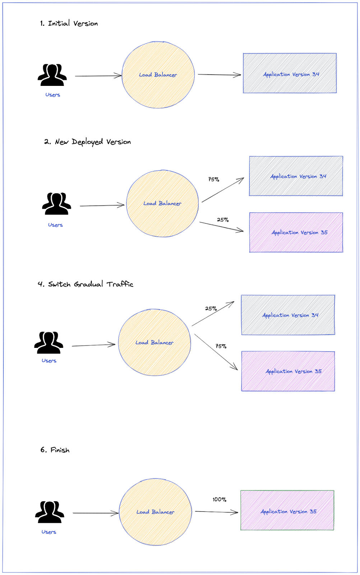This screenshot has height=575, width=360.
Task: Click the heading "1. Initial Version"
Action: (x=69, y=23)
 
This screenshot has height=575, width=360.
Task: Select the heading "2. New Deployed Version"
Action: (x=87, y=142)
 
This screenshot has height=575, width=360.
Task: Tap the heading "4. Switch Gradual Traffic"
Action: (x=85, y=284)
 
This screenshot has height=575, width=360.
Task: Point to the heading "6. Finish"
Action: (x=55, y=450)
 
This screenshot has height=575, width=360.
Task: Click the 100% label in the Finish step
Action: (x=219, y=500)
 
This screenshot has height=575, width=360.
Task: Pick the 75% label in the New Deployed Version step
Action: (x=213, y=179)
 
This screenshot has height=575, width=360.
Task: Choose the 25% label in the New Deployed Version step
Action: (x=223, y=220)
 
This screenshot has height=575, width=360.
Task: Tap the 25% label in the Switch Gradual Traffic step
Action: (x=211, y=308)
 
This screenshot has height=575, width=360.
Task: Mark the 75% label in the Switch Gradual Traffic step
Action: (x=221, y=346)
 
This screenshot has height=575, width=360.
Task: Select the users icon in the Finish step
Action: (x=50, y=512)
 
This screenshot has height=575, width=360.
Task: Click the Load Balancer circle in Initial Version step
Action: (x=158, y=75)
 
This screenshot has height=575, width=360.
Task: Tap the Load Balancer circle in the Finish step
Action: (x=155, y=512)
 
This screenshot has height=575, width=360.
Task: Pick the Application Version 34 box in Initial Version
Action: (x=290, y=73)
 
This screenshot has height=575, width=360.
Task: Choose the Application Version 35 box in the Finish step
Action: (x=287, y=510)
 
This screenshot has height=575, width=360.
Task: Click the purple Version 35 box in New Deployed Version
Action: (x=296, y=233)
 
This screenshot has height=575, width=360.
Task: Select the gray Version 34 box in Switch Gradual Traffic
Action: (x=288, y=315)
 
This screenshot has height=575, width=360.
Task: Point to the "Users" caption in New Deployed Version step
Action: (x=55, y=225)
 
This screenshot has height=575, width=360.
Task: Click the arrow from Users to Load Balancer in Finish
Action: (x=95, y=513)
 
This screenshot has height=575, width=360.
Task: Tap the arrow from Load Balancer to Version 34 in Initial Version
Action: (x=219, y=75)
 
